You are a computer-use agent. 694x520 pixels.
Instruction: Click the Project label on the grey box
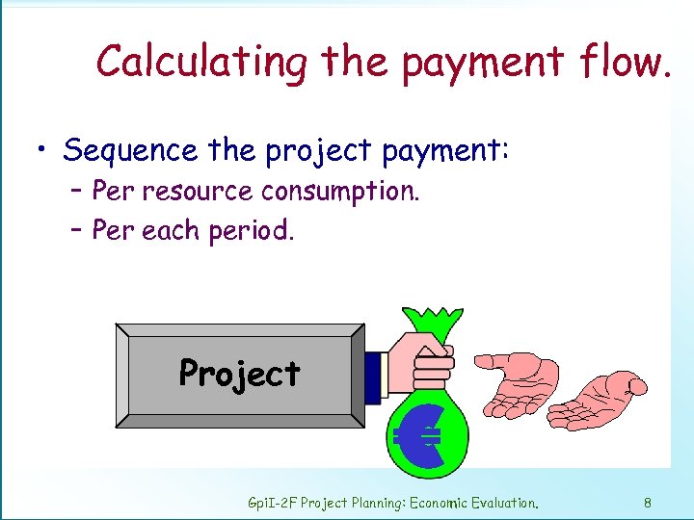[x=240, y=373]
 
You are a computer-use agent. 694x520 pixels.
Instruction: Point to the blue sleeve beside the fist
[x=374, y=376]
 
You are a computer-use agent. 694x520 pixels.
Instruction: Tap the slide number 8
[x=648, y=502]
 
